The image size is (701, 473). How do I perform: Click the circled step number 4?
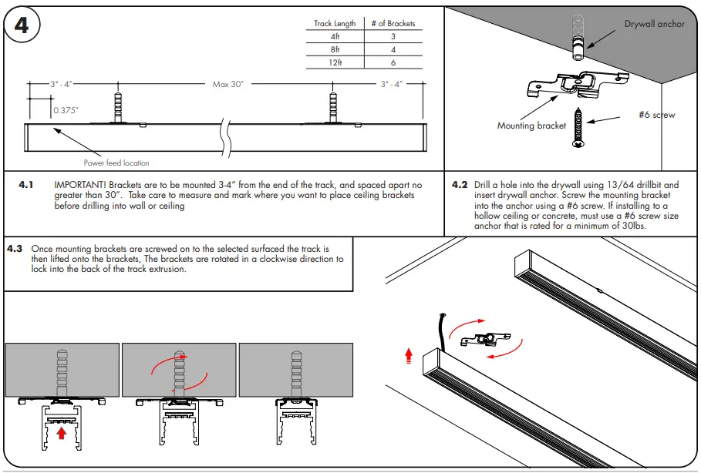click(22, 25)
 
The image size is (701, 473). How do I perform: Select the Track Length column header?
click(335, 24)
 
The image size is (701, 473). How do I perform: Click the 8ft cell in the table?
click(335, 49)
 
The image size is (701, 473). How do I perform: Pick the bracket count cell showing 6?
click(393, 62)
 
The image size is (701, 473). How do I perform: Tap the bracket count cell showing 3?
click(393, 36)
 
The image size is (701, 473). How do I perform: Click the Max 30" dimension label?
click(228, 84)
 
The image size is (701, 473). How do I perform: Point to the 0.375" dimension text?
click(66, 111)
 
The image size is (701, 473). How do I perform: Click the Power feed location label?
click(116, 163)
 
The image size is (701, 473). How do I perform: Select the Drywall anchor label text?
click(654, 24)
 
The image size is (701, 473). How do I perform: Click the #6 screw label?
click(656, 115)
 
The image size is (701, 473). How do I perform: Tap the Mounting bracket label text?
click(531, 126)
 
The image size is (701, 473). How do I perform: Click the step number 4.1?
click(27, 186)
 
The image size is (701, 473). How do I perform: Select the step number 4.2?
click(460, 186)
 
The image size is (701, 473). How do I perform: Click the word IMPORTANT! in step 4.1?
click(80, 186)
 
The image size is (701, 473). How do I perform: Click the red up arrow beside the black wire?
click(409, 356)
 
